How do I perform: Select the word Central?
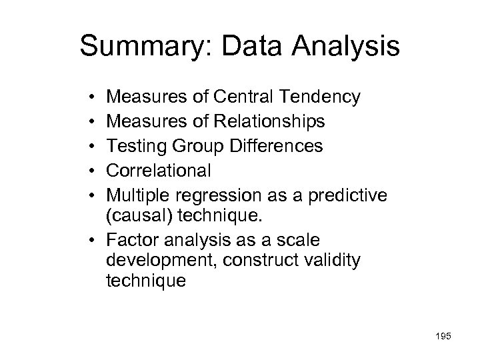243,98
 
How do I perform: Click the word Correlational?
159,171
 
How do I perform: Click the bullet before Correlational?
89,171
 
